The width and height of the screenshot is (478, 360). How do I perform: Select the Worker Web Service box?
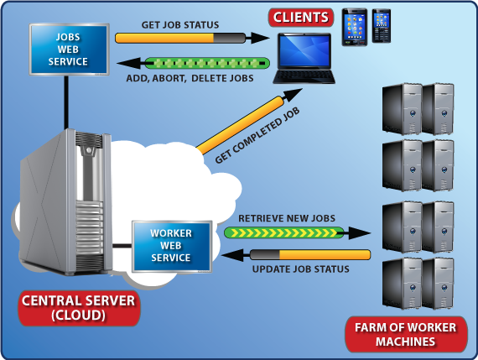(x=170, y=245)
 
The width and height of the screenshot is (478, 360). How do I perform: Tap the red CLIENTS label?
(x=299, y=17)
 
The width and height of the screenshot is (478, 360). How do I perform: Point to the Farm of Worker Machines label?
(x=406, y=334)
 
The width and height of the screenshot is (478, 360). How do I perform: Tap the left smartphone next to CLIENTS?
(x=354, y=27)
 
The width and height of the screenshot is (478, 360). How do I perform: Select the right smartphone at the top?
(x=381, y=27)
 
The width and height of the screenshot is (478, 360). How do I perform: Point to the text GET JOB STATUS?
(x=179, y=24)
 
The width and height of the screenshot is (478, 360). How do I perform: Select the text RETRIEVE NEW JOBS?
(x=287, y=218)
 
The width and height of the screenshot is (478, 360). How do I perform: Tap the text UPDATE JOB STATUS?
(x=300, y=269)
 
